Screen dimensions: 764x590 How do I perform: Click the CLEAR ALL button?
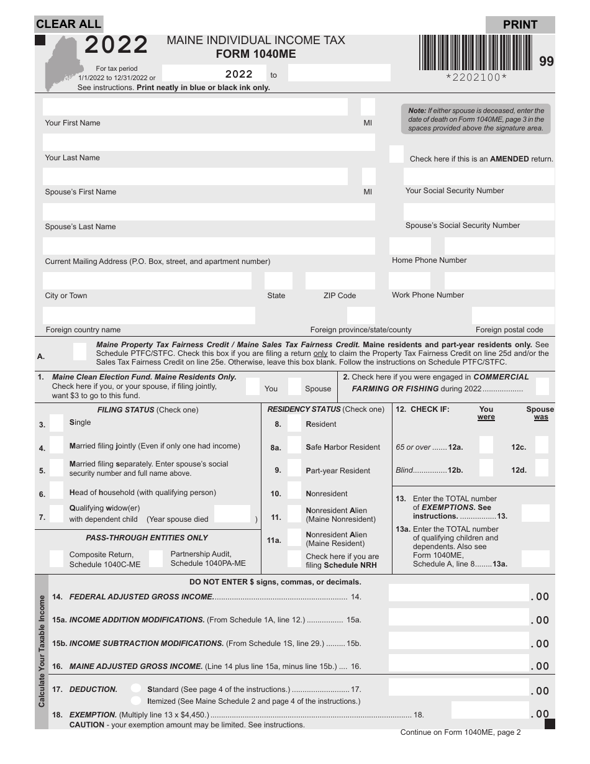click(x=68, y=24)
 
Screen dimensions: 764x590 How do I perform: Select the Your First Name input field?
click(x=195, y=107)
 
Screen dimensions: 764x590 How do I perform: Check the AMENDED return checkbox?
click(x=396, y=155)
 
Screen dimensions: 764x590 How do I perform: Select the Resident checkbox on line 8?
click(x=294, y=424)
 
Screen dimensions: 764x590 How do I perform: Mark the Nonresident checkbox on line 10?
click(x=294, y=493)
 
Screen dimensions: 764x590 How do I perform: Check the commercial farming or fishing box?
click(x=542, y=386)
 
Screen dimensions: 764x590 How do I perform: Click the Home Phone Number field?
click(x=472, y=245)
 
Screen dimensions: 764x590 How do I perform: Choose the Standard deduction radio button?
click(x=135, y=688)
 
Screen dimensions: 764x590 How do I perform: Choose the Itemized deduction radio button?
click(x=135, y=701)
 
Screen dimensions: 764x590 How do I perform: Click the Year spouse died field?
click(x=232, y=515)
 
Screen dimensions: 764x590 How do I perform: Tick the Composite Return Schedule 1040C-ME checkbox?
click(x=57, y=558)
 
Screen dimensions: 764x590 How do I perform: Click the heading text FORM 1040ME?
click(x=256, y=55)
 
